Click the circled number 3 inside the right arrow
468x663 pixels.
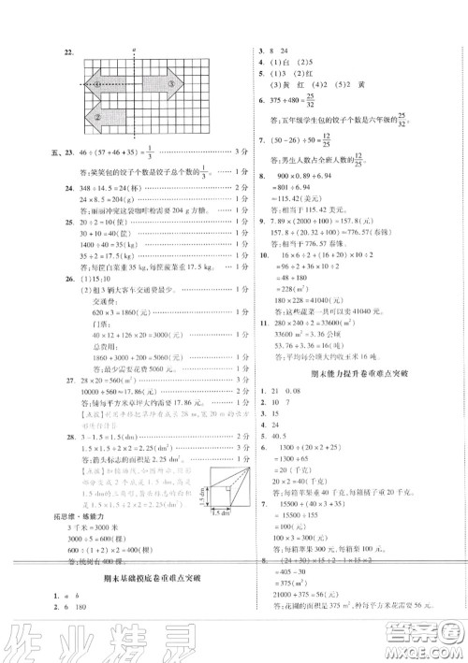pos(171,82)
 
